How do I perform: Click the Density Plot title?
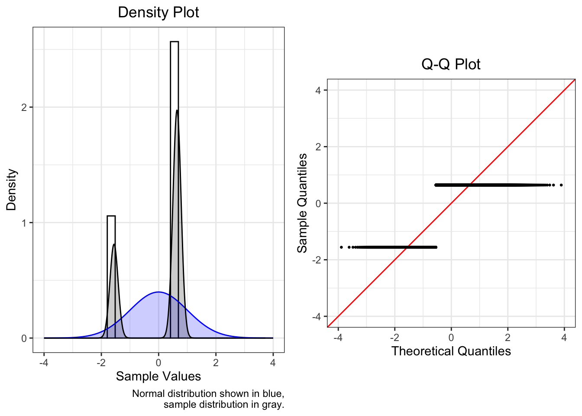coord(158,12)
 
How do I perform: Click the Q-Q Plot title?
coord(451,64)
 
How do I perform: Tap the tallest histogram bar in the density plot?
coord(175,130)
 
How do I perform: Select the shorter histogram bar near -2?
coord(111,230)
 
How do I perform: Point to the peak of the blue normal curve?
coord(158,292)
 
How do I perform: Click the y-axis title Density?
coord(11,189)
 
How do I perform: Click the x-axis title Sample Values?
coord(158,376)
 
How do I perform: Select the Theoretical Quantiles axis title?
coord(451,351)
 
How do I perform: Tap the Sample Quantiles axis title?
coord(302,203)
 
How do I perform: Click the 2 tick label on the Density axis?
coord(24,107)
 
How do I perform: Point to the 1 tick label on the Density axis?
coord(24,223)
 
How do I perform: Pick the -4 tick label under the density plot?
coord(44,363)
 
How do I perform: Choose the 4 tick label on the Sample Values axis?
coord(273,363)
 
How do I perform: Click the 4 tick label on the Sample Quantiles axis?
coord(318,91)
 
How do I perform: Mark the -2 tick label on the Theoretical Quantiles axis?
coord(394,338)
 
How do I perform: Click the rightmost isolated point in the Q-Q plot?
coord(561,185)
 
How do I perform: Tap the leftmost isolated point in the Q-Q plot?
coord(341,247)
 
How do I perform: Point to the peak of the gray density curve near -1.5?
coord(114,245)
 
